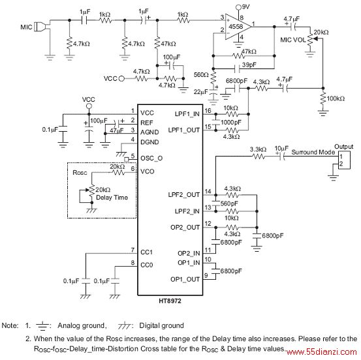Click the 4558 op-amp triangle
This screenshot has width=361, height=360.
[x=237, y=27]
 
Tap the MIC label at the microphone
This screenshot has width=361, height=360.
[x=26, y=27]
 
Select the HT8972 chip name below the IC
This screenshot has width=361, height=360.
[x=170, y=301]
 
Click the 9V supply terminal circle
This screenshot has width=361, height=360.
[x=239, y=8]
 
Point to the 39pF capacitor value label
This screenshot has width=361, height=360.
[x=249, y=65]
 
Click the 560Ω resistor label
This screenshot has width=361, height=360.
[x=201, y=75]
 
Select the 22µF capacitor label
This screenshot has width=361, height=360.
[x=201, y=92]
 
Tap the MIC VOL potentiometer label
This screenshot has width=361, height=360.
[x=293, y=40]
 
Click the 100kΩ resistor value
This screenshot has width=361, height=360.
[x=336, y=98]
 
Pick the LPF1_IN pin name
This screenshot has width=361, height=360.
[x=187, y=114]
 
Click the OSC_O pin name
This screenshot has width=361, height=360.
[x=151, y=158]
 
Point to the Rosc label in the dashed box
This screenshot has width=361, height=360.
[x=80, y=173]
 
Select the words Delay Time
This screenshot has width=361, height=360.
[x=112, y=198]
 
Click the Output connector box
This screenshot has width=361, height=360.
[x=344, y=160]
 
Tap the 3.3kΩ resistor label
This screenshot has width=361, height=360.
[x=258, y=149]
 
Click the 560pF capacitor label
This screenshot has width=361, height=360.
[x=229, y=203]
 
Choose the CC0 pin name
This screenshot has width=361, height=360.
[x=147, y=265]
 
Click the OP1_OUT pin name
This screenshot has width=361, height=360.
[x=185, y=279]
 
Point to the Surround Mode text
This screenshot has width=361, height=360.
[x=313, y=152]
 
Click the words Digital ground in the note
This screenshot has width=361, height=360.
[x=161, y=325]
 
